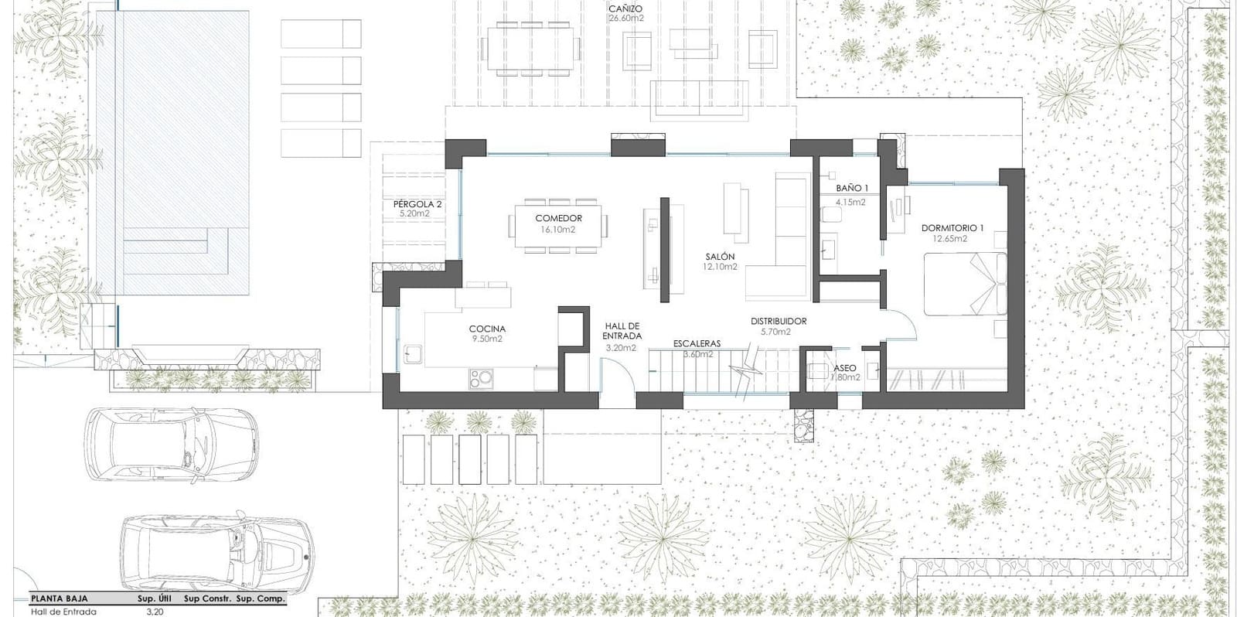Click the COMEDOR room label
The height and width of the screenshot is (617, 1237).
(558, 219)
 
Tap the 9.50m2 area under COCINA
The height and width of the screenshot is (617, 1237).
(487, 339)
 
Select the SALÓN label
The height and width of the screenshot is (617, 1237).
(720, 257)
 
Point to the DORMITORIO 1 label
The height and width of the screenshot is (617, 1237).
(952, 228)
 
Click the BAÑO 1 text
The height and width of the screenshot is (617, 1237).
(852, 189)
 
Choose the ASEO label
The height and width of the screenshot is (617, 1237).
(844, 368)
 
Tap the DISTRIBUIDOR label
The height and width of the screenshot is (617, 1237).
(779, 322)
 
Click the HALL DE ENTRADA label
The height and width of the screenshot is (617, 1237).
(622, 331)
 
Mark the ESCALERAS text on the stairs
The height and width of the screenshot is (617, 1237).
(697, 343)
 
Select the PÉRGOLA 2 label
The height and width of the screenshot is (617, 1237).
(417, 204)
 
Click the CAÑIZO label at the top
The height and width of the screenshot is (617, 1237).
(625, 9)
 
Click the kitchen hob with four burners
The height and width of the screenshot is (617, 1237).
(481, 378)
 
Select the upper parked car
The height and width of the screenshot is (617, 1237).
(171, 446)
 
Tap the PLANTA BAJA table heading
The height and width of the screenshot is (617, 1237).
(59, 598)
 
